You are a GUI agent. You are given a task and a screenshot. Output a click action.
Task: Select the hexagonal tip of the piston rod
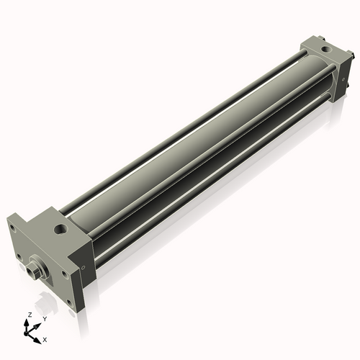[x=31, y=271]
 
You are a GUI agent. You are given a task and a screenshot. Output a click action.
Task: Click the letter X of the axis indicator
[x=45, y=338]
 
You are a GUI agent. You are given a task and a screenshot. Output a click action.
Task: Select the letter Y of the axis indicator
[x=44, y=318]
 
